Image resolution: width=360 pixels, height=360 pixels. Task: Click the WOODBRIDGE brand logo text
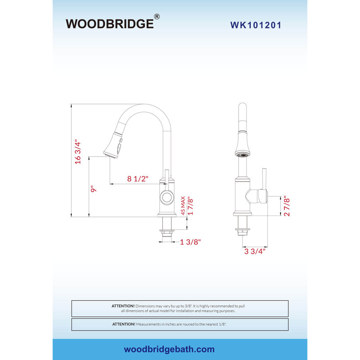(x=110, y=24)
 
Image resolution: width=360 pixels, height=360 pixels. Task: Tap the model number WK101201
(x=256, y=25)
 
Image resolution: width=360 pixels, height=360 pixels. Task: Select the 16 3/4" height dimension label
(x=78, y=152)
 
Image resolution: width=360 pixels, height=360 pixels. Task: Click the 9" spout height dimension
(x=93, y=189)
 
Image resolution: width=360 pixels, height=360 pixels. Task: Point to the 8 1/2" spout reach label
(x=138, y=179)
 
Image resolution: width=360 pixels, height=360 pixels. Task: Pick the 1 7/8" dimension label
(x=190, y=206)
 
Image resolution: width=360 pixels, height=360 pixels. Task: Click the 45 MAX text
(x=183, y=206)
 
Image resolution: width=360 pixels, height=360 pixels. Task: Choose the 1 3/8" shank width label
(x=190, y=242)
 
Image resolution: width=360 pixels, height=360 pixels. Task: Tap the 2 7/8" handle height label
(x=287, y=206)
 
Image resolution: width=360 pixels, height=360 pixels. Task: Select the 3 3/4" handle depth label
(x=255, y=251)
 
